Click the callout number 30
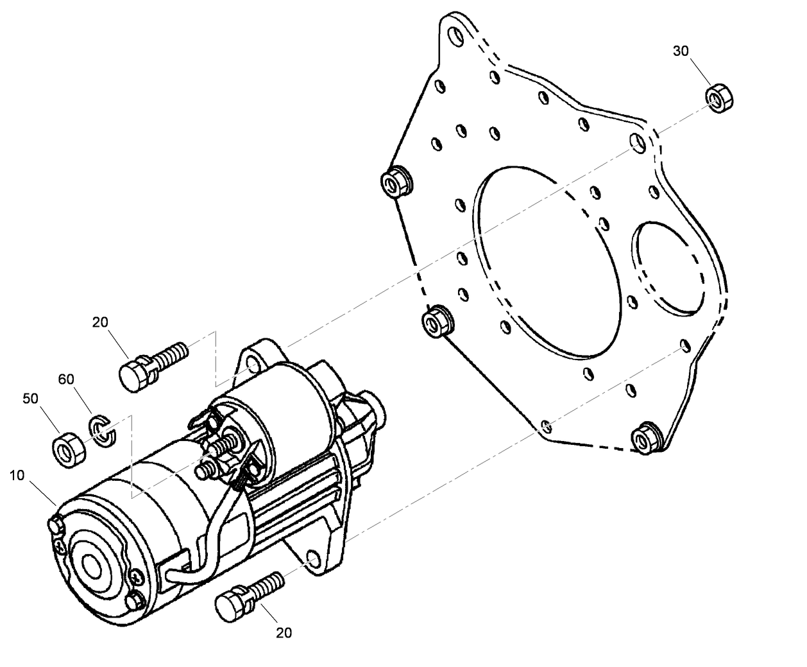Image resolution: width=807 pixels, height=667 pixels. [681, 51]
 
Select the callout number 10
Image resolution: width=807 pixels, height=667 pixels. [17, 476]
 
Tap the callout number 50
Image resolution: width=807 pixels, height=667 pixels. [31, 399]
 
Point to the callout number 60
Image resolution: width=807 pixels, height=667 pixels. [67, 379]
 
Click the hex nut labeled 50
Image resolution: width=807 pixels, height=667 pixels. [68, 448]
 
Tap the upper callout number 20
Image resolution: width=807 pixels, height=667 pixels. [100, 322]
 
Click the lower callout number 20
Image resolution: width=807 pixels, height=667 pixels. [284, 633]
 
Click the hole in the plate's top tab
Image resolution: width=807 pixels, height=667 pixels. [456, 35]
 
